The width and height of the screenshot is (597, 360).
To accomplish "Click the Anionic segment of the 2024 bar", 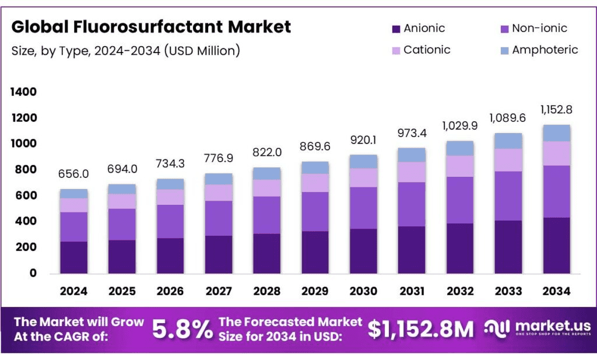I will [73, 257].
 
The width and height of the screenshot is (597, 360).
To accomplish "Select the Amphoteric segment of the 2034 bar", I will [556, 133].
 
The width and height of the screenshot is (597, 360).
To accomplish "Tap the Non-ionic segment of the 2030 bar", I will [363, 208].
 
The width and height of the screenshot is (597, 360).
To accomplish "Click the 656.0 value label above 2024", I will [73, 174].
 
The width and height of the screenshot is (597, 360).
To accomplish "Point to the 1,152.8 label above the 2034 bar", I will [556, 110].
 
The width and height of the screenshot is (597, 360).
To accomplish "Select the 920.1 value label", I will [363, 140].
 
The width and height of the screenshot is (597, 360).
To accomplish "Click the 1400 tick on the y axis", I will [23, 92].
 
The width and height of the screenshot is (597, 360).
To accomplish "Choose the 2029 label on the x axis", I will [315, 291].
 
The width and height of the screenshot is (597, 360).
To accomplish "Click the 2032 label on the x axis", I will [460, 291].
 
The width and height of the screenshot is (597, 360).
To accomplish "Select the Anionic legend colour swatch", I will [396, 29].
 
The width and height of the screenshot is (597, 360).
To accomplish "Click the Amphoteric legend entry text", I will [545, 50].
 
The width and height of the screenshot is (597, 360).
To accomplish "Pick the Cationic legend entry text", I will [427, 50].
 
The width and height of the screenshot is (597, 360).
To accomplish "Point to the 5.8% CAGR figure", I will [182, 330].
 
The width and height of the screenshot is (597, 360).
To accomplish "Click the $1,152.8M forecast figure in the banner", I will [421, 330].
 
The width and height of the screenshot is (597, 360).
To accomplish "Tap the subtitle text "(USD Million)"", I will [202, 51].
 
